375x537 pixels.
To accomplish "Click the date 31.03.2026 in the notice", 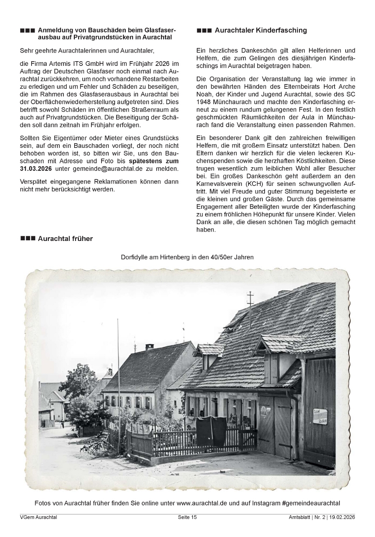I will point(36,169).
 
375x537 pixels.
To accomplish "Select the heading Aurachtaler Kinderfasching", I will point(261,30).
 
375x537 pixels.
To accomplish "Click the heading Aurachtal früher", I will point(65,239).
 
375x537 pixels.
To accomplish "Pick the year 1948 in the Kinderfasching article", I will point(203,102).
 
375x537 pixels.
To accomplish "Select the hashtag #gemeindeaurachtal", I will point(311,503).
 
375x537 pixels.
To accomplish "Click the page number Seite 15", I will point(187,517).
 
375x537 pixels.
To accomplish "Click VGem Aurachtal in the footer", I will point(38,517).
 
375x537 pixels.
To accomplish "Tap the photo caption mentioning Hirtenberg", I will point(187,257).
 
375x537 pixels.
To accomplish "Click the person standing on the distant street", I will point(62,424).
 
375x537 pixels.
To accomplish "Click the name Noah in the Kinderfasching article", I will point(204,94).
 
